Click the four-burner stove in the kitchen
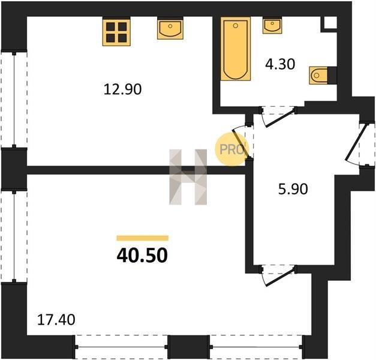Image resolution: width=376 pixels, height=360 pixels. (116, 32)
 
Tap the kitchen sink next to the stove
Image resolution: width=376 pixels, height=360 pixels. (170, 29)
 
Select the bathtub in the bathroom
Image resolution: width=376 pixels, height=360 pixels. (236, 49)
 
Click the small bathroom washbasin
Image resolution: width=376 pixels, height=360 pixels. (272, 26)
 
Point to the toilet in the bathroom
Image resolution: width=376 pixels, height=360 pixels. (318, 76)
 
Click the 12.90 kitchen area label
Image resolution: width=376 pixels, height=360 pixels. (122, 89)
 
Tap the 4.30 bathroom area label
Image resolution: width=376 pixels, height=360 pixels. (280, 64)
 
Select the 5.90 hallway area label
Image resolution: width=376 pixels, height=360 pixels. (293, 189)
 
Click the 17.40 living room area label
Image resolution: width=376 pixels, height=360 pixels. (56, 320)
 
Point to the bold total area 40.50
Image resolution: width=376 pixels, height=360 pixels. (142, 256)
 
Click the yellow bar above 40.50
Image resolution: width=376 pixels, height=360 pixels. (143, 238)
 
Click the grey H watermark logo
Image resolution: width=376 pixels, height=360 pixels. (188, 177)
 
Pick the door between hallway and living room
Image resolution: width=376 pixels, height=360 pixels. (278, 275)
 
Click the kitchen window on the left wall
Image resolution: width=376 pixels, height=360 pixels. (14, 99)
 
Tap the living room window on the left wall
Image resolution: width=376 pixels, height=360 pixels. (14, 236)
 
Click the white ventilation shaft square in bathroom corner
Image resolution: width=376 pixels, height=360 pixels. (330, 23)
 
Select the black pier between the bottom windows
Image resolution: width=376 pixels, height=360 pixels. (188, 347)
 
